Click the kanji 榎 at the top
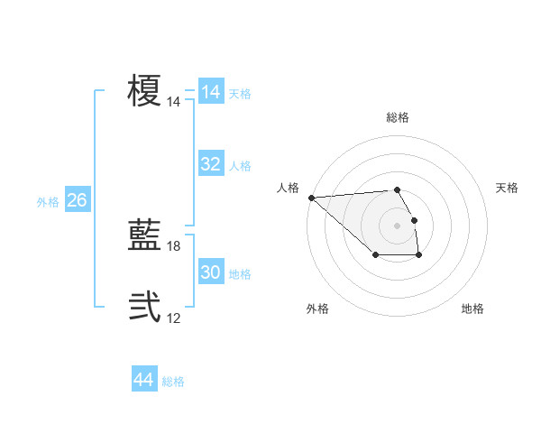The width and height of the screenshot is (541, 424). pyautogui.click(x=144, y=92)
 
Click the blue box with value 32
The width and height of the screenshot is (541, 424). pyautogui.click(x=210, y=164)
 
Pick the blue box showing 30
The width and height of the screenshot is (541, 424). pyautogui.click(x=210, y=272)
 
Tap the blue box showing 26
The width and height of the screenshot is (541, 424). pyautogui.click(x=77, y=200)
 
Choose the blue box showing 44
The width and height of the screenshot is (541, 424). pyautogui.click(x=143, y=381)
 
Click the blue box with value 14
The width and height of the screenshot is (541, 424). pyautogui.click(x=210, y=92)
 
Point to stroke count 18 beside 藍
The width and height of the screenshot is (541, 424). pyautogui.click(x=174, y=246)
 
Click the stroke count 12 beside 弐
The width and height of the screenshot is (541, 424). pyautogui.click(x=174, y=318)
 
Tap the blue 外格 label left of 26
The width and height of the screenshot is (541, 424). pyautogui.click(x=48, y=202)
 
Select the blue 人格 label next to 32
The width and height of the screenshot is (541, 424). pyautogui.click(x=240, y=166)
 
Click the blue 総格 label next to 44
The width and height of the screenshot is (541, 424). pyautogui.click(x=173, y=383)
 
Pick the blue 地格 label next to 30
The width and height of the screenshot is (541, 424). pyautogui.click(x=240, y=274)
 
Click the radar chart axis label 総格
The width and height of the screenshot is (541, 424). pyautogui.click(x=397, y=117)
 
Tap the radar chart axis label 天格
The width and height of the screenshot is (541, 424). pyautogui.click(x=507, y=188)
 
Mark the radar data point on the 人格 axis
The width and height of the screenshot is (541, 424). pyautogui.click(x=311, y=198)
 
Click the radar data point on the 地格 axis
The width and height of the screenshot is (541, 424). pyautogui.click(x=418, y=255)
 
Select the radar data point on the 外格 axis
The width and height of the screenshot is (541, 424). pyautogui.click(x=375, y=255)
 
